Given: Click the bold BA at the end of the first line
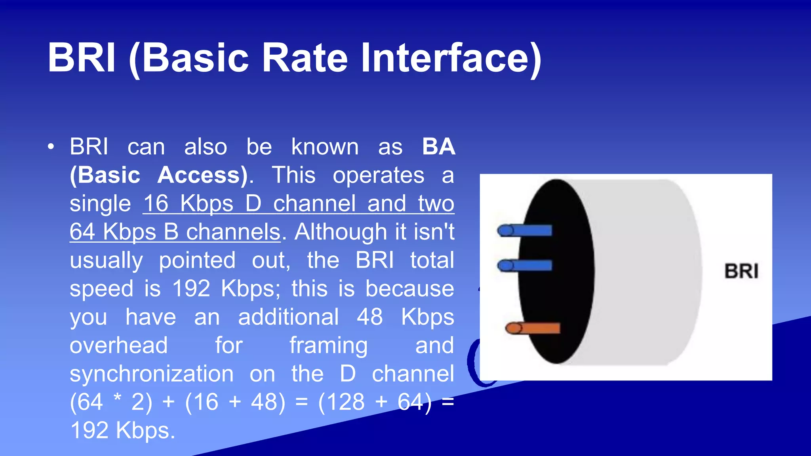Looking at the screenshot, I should tap(438, 147).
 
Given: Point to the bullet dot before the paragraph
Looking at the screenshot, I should tap(51, 147).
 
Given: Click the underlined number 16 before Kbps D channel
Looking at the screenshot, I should tap(156, 203).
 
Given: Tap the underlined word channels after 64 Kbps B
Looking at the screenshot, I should tap(233, 232).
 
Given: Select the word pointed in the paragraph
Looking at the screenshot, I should tap(197, 260).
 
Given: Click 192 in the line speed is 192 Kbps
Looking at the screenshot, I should tap(191, 289).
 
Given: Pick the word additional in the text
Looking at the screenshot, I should tap(288, 317).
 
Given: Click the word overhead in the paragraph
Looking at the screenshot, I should tap(119, 346).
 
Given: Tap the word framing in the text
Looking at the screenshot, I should tap(328, 346).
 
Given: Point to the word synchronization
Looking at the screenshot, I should tap(152, 374).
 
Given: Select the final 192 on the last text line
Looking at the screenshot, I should tap(89, 431).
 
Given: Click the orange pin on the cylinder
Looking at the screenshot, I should tap(533, 328).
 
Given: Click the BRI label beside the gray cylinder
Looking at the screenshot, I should tap(741, 272).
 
